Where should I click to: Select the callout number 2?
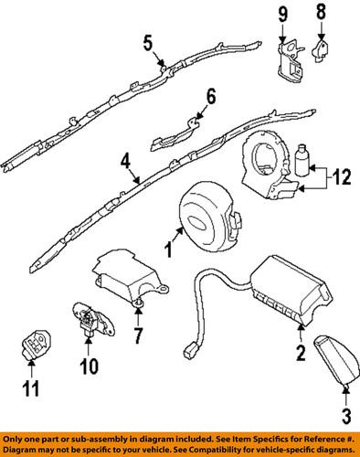click(299, 351)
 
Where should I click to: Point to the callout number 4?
click(122, 163)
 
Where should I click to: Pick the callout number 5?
click(148, 41)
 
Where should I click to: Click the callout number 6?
click(210, 96)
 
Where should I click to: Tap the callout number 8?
click(320, 14)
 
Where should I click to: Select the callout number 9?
click(282, 14)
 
